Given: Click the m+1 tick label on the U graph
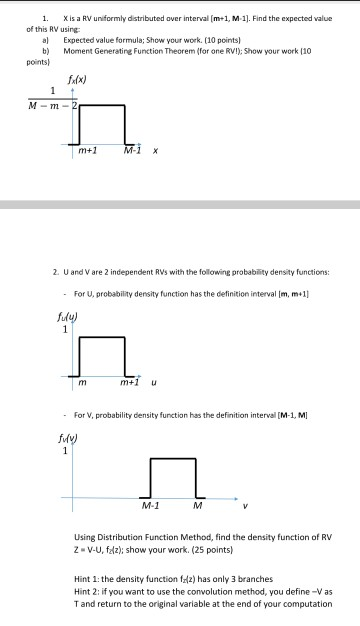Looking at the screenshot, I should (x=129, y=383).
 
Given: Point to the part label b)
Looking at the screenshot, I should (x=46, y=49).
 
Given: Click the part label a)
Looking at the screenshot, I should (x=46, y=40).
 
